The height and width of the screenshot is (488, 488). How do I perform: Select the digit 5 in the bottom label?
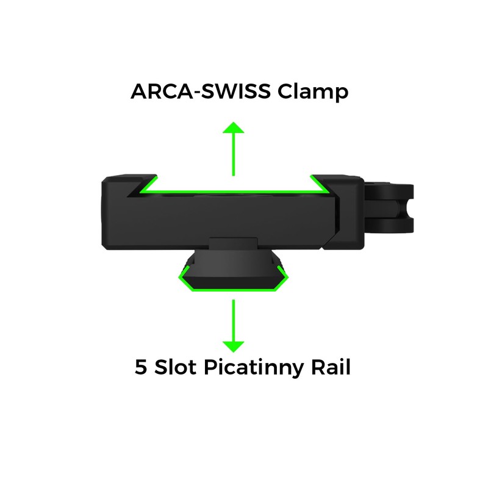[x=140, y=368]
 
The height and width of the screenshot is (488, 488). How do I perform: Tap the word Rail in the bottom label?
[x=329, y=368]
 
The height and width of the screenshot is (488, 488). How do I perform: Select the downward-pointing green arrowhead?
[x=232, y=346]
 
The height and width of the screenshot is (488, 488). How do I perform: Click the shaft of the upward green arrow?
[x=232, y=156]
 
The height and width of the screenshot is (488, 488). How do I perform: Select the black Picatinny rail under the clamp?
[x=232, y=271]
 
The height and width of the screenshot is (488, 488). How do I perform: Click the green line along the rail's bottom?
[x=232, y=290]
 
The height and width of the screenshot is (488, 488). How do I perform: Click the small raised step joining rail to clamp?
[x=232, y=243]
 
